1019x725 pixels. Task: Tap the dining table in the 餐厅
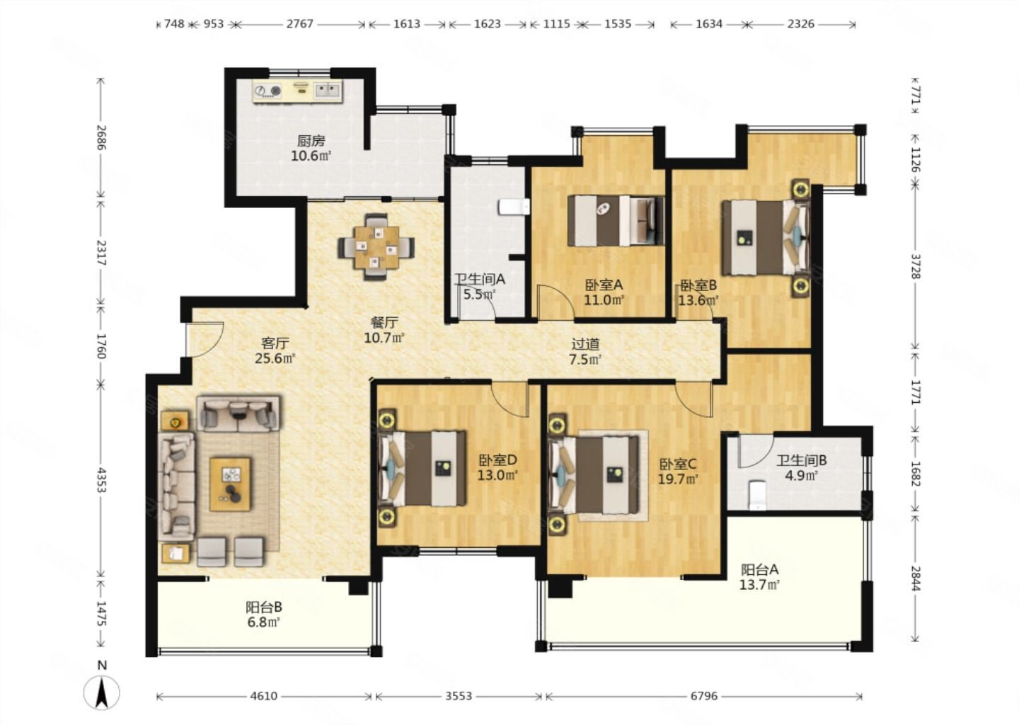tap(376, 246)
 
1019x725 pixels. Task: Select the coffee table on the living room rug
tap(230, 484)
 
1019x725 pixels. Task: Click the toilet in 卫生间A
tap(514, 207)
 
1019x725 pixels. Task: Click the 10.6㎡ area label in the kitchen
tap(311, 156)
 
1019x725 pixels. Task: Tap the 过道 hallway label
tap(585, 344)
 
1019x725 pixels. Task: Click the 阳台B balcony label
tap(264, 607)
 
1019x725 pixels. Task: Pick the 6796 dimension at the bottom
tap(703, 697)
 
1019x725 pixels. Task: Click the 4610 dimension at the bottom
tap(264, 697)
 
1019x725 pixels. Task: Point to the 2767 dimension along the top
tap(299, 23)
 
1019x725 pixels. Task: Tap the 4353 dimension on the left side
tap(101, 480)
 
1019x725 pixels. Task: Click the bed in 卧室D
tap(422, 468)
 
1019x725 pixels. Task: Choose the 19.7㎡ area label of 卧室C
tap(678, 479)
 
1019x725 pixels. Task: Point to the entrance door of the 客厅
tap(205, 339)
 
